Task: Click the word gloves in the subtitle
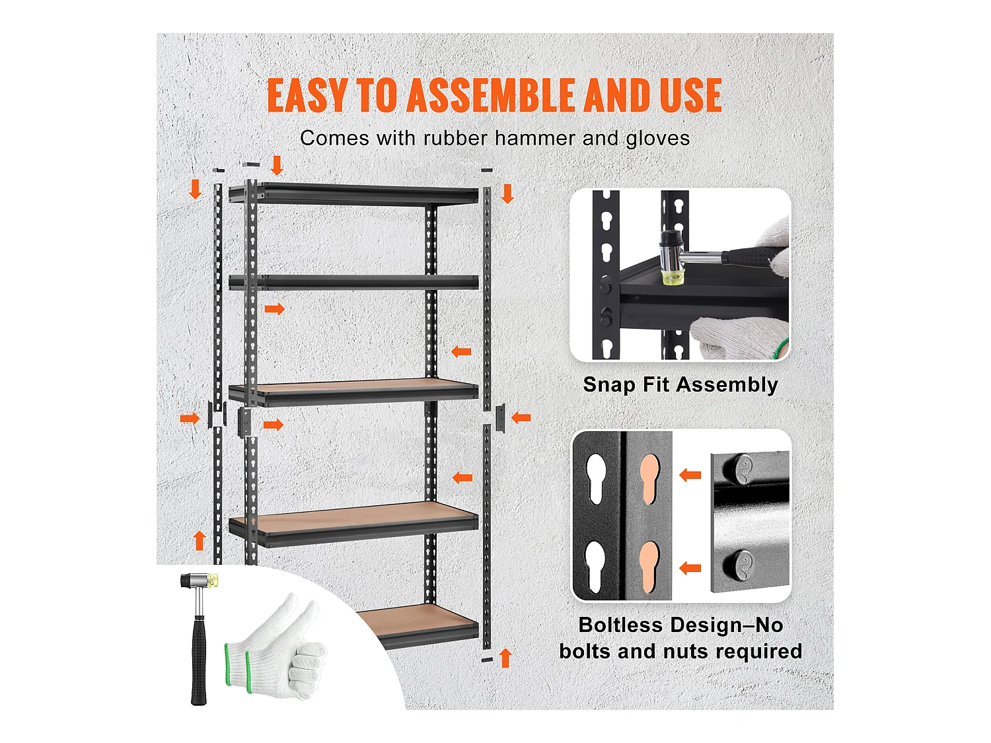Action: (x=657, y=139)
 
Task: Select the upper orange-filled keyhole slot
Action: (x=649, y=479)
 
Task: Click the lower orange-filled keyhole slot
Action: (x=649, y=567)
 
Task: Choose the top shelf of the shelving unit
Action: (x=353, y=194)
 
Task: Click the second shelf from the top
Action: (x=353, y=282)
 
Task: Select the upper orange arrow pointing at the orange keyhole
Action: (x=690, y=475)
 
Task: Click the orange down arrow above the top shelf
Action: (x=277, y=165)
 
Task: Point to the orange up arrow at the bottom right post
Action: (x=505, y=658)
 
